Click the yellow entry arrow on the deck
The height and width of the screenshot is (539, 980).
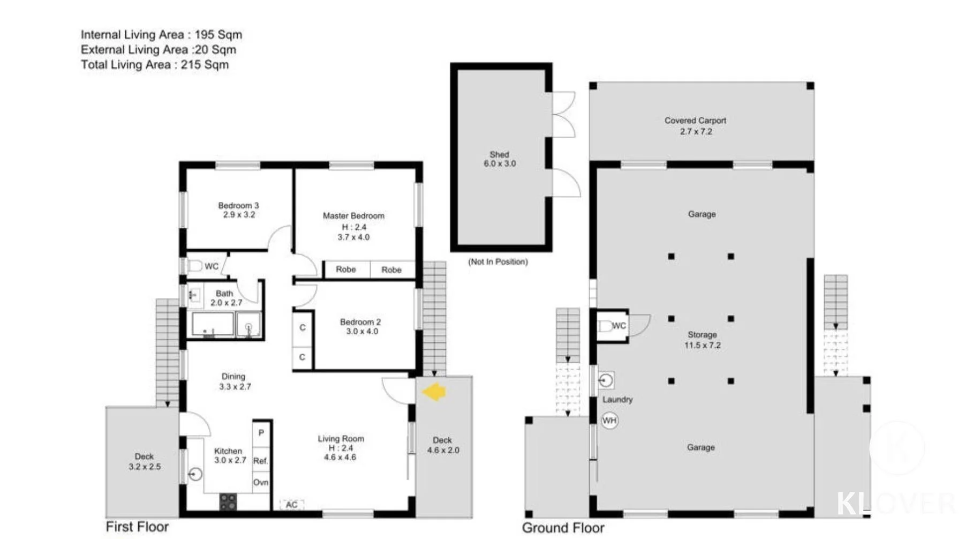(x=434, y=392)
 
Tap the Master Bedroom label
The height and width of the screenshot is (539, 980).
(x=353, y=215)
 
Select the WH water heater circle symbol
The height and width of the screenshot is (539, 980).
(x=609, y=421)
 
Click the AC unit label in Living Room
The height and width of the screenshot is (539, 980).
(x=291, y=505)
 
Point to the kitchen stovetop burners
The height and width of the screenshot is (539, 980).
(x=228, y=502)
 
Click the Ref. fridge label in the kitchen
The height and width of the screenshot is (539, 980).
(x=261, y=461)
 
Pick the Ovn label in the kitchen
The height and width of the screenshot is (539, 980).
(x=261, y=482)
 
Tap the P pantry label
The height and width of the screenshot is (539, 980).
(x=261, y=433)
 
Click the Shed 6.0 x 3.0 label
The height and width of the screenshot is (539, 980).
(x=500, y=159)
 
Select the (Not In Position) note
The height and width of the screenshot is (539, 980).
(x=498, y=261)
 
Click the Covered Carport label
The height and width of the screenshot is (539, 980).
(x=695, y=121)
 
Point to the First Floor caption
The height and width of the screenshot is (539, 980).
(x=137, y=527)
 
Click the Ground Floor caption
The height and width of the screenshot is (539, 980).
(x=563, y=528)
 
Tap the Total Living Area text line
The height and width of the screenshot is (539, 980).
(x=155, y=65)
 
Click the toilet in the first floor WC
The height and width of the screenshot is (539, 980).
(x=195, y=266)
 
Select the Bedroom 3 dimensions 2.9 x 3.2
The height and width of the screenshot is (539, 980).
(x=239, y=215)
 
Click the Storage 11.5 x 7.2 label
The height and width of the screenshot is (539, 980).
(x=702, y=340)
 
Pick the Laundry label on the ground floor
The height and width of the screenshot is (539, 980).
(x=617, y=400)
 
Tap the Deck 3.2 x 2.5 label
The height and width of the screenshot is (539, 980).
(x=144, y=461)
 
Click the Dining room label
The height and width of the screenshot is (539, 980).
(x=233, y=377)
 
